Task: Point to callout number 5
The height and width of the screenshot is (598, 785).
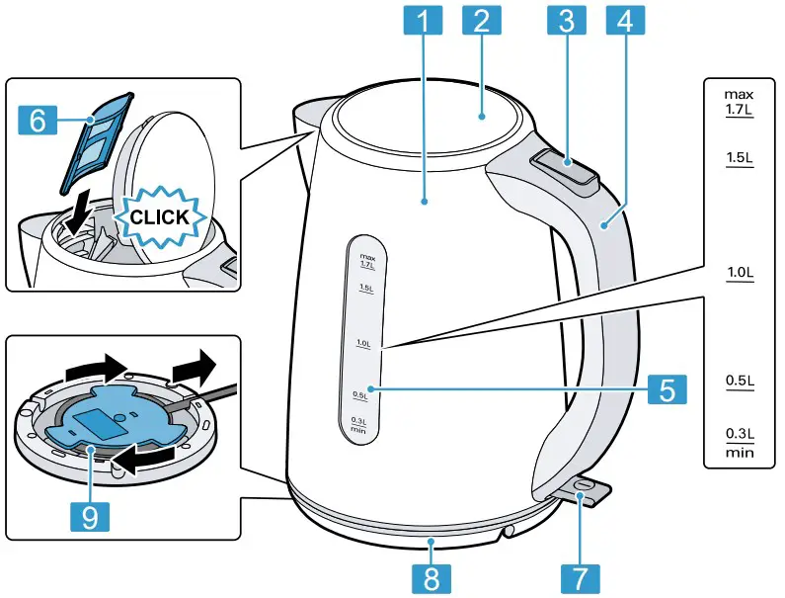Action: coord(668,388)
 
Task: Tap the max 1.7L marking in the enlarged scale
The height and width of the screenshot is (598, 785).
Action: coord(739,103)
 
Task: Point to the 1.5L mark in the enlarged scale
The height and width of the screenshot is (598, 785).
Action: coord(739,158)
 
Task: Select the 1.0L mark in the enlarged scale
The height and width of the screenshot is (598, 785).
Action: coord(739,272)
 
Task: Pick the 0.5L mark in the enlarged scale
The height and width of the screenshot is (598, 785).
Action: coord(739,381)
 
